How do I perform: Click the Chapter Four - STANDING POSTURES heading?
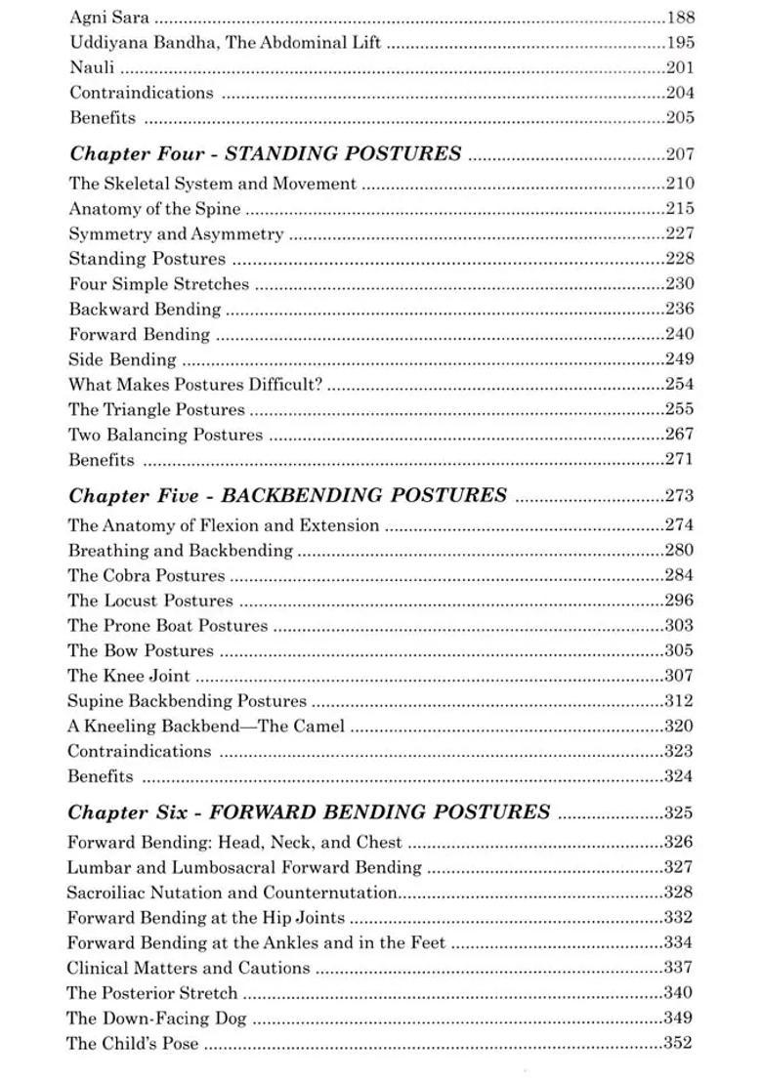pyautogui.click(x=266, y=153)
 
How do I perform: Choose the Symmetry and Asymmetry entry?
pyautogui.click(x=176, y=233)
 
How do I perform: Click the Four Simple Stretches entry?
pyautogui.click(x=158, y=284)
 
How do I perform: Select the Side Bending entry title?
pyautogui.click(x=122, y=359)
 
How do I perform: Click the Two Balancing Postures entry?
pyautogui.click(x=165, y=435)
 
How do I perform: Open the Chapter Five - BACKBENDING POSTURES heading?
pyautogui.click(x=287, y=495)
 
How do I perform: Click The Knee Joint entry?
pyautogui.click(x=129, y=675)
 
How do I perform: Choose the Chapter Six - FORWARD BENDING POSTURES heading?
pyautogui.click(x=309, y=811)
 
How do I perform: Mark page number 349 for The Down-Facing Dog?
pyautogui.click(x=679, y=1018)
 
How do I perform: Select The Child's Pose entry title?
pyautogui.click(x=132, y=1043)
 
